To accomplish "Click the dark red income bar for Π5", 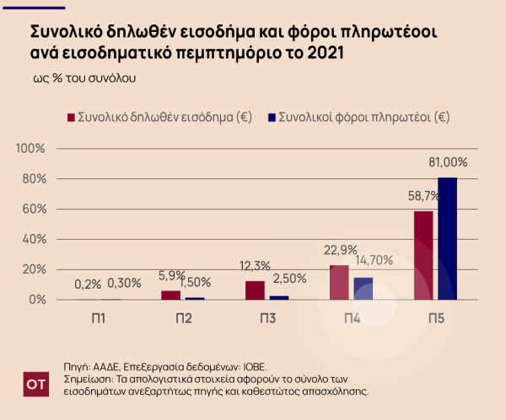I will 423,255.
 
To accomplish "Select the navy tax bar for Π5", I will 447,238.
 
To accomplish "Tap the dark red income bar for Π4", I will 339,282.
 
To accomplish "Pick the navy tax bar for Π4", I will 363,289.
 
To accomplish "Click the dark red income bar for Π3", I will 255,290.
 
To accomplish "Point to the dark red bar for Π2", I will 170,295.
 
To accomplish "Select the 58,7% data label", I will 423,194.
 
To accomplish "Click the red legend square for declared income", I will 71,117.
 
